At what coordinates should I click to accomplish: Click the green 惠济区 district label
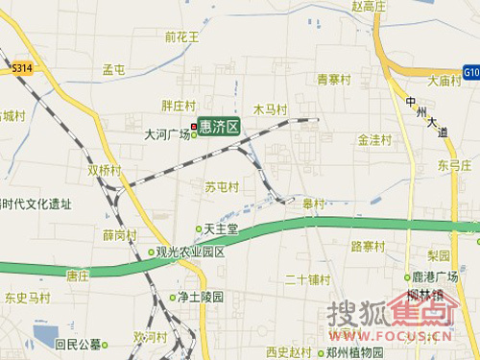tap(220, 126)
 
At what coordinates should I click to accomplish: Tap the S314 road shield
tap(22, 69)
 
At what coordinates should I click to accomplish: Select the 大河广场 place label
tap(165, 134)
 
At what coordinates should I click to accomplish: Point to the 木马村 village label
tap(270, 109)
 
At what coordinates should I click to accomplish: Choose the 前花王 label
tap(181, 37)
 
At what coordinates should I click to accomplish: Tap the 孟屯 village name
tap(114, 70)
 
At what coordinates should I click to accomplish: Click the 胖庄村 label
tap(178, 106)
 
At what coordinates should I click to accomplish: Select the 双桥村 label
tap(105, 170)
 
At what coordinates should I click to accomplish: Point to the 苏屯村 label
tap(221, 185)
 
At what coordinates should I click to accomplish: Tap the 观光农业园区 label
tap(190, 252)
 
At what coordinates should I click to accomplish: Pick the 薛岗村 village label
tap(119, 235)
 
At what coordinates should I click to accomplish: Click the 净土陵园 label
tap(200, 298)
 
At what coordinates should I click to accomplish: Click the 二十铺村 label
tap(307, 280)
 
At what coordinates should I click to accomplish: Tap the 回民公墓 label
tap(79, 343)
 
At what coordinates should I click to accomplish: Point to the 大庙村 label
tap(445, 81)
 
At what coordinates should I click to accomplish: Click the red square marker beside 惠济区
tap(194, 126)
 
